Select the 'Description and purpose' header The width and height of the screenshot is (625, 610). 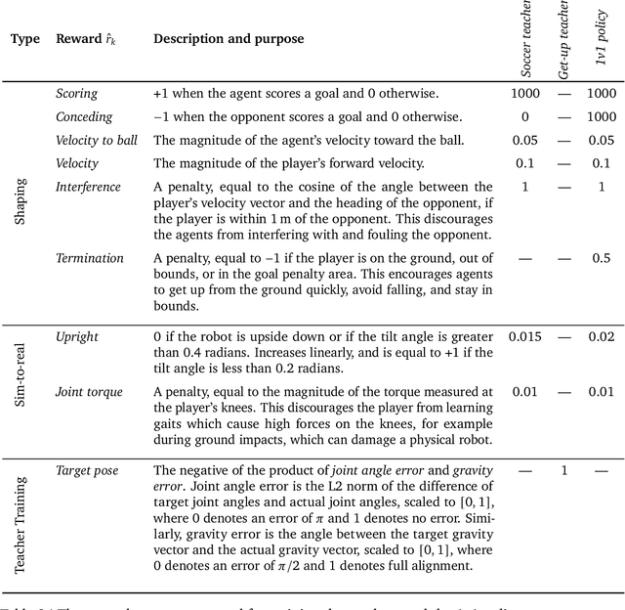[228, 39]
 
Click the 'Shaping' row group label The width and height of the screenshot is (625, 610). [21, 199]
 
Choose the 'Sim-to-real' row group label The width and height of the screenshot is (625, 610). [21, 387]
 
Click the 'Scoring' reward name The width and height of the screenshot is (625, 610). [77, 94]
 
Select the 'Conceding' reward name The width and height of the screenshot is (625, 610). [83, 116]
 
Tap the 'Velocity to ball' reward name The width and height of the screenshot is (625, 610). [98, 141]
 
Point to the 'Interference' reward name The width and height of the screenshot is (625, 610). [88, 187]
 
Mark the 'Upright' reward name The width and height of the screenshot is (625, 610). [77, 337]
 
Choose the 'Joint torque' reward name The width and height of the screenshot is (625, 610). [89, 392]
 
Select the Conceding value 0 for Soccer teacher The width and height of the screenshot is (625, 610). [524, 116]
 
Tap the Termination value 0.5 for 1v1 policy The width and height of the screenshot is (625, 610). [602, 258]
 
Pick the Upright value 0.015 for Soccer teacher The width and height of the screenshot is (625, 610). [524, 337]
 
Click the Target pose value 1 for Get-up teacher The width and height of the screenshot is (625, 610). [563, 471]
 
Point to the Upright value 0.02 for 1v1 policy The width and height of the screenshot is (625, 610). [602, 337]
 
